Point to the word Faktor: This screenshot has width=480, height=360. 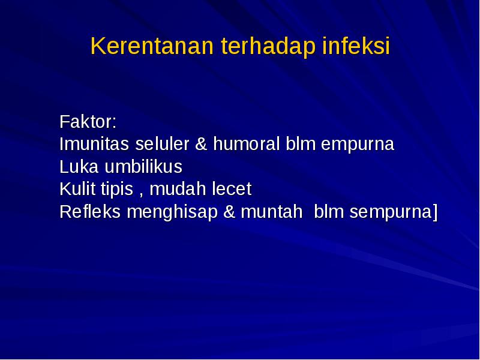click(x=88, y=122)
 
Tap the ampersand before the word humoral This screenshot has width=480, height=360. click(x=202, y=145)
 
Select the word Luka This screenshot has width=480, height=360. click(x=75, y=167)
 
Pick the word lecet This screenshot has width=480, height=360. click(x=232, y=190)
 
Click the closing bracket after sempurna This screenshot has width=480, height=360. click(x=434, y=212)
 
